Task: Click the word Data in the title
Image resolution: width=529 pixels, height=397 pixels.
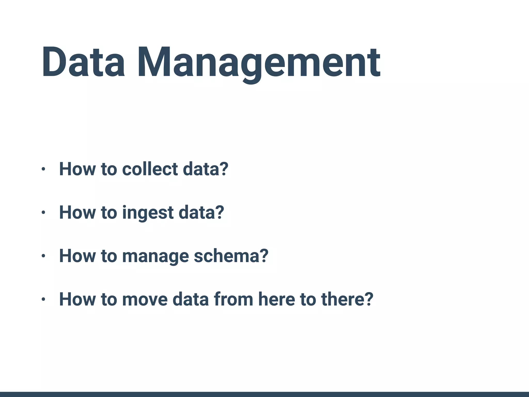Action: coord(83,62)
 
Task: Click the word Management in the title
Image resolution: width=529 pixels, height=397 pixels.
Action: coord(258,63)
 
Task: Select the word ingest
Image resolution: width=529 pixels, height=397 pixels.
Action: coord(148,213)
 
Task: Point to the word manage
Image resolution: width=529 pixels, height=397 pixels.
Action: coord(155,256)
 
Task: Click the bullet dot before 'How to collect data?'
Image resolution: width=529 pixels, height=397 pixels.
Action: coord(43,169)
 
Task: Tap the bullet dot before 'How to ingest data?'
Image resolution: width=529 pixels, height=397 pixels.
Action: coord(43,213)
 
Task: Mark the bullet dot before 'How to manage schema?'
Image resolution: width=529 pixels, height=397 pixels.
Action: coord(43,256)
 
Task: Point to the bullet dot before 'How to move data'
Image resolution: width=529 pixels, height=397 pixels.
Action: coord(43,300)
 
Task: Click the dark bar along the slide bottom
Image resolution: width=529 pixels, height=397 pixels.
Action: coord(264,394)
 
